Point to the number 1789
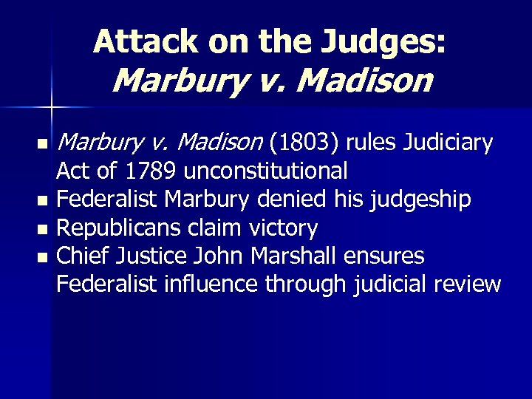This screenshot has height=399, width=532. pyautogui.click(x=151, y=171)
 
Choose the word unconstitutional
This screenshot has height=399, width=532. pyautogui.click(x=266, y=171)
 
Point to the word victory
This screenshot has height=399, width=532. pyautogui.click(x=285, y=228)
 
